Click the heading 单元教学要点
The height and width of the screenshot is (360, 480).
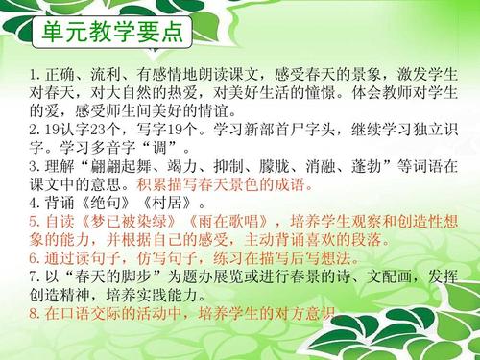112,34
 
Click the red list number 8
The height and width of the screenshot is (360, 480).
34,312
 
